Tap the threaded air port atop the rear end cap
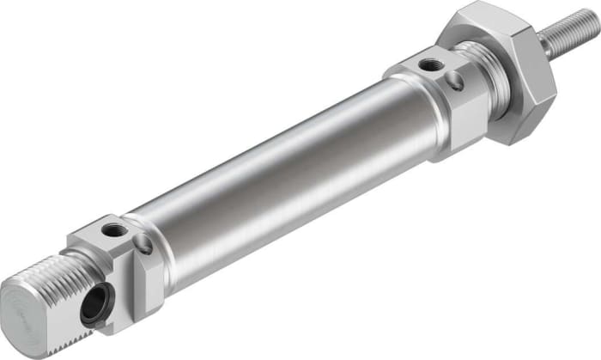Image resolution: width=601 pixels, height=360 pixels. point(111,229)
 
